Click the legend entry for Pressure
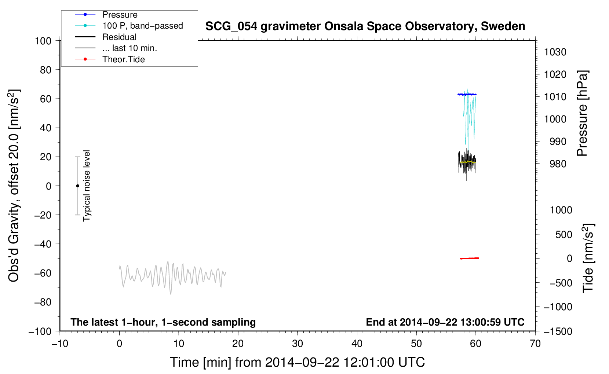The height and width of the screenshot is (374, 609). coord(106,15)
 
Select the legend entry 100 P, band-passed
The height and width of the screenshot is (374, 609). coord(129,26)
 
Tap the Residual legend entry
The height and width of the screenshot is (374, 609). coord(106,37)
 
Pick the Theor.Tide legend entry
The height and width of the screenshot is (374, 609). coord(110,59)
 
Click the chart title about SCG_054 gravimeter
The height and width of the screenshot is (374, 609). coord(365,26)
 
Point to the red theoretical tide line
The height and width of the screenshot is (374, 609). coord(470,258)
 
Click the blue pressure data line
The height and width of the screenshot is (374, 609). coord(467,94)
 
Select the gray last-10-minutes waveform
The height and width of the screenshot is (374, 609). coord(173,277)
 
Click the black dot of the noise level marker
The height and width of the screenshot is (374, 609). coord(77,186)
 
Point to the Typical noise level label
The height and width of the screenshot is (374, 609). coord(86,186)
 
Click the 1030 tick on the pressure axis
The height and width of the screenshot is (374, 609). coord(555,52)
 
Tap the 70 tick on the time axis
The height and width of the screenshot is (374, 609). coord(535,344)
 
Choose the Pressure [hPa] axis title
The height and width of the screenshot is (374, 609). coord(582,113)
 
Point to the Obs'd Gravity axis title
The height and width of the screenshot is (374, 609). coord(14,186)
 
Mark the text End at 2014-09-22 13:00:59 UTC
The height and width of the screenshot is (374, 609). coord(445,322)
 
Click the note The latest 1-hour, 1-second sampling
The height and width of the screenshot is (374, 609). coord(163,322)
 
